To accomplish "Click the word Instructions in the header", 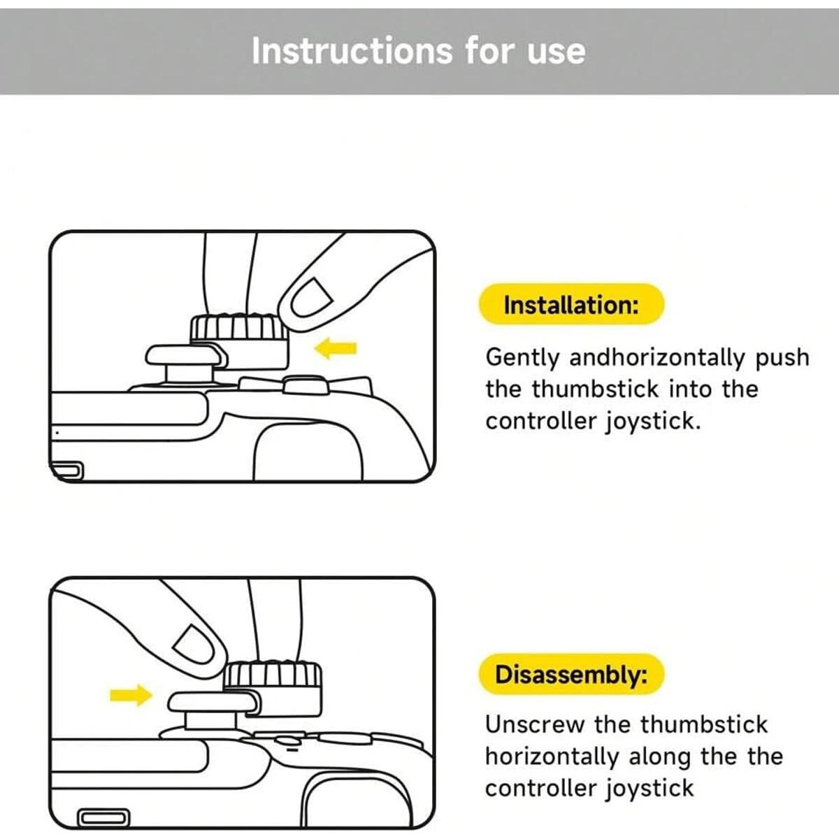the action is click(x=352, y=51).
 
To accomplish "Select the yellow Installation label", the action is click(x=571, y=304).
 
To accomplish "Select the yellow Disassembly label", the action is click(x=571, y=675).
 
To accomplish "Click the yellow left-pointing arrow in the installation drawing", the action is click(x=336, y=348).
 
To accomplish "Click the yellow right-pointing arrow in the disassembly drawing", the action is click(x=131, y=695).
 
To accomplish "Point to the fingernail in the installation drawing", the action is click(x=311, y=298).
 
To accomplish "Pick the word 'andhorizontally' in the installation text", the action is click(x=657, y=359).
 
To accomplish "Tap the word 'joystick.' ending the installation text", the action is click(x=653, y=422).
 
